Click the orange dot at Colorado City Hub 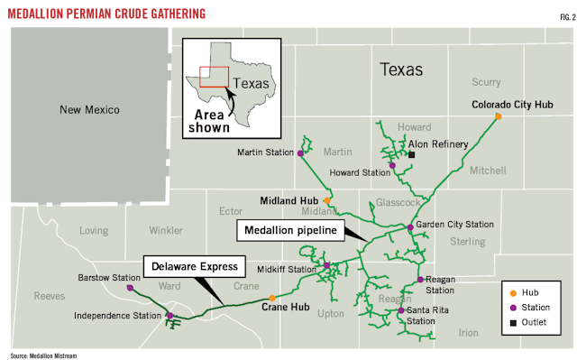498,116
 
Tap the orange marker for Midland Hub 327,200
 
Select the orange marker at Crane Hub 272,298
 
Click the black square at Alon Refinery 411,155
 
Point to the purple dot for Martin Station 300,153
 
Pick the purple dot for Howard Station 391,166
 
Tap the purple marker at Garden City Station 410,227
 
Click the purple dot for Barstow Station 131,288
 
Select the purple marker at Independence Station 169,316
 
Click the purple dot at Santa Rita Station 400,311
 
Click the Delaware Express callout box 194,266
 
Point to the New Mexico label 89,110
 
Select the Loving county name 94,230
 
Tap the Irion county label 468,332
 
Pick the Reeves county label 49,296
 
